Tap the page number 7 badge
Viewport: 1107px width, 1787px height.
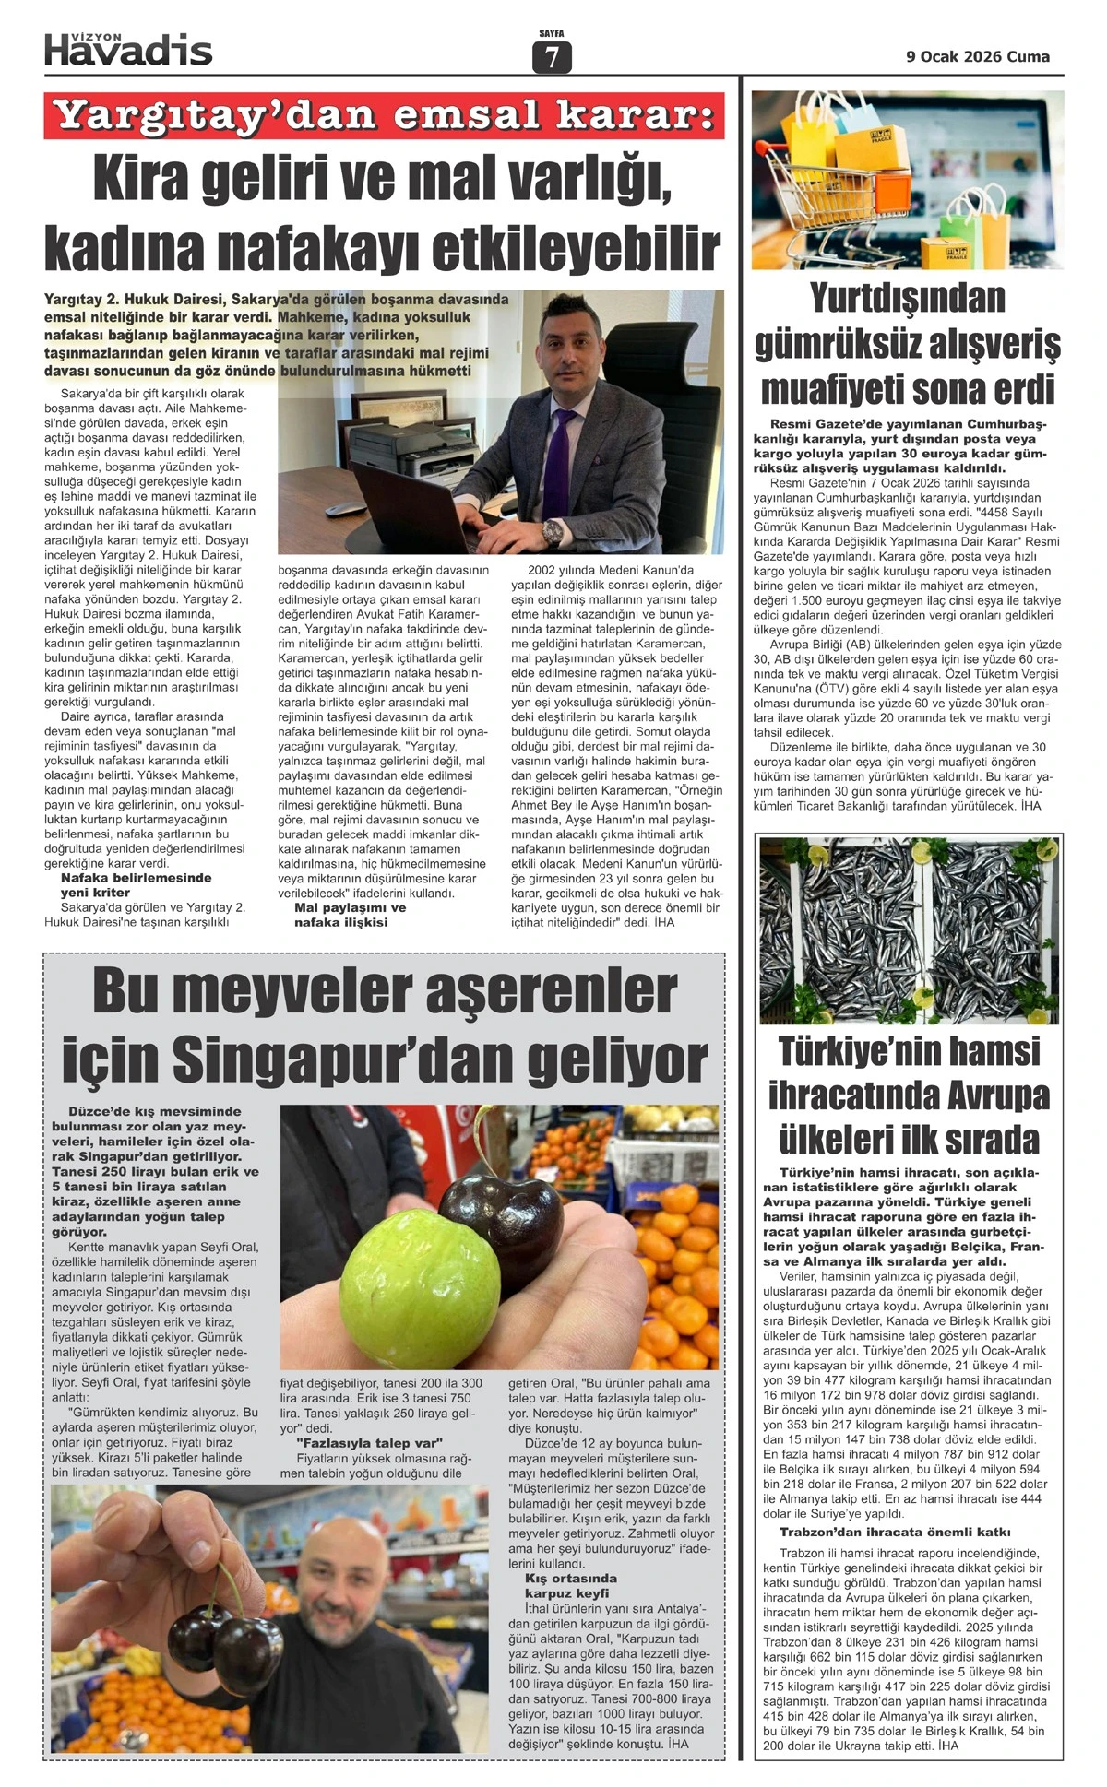coord(552,58)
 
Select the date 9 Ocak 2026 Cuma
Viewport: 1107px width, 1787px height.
coord(978,56)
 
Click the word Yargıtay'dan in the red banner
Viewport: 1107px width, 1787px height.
coord(214,116)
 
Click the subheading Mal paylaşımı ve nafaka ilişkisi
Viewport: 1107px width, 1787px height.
coord(350,915)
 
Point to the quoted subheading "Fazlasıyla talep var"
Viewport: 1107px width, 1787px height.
coord(369,1442)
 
